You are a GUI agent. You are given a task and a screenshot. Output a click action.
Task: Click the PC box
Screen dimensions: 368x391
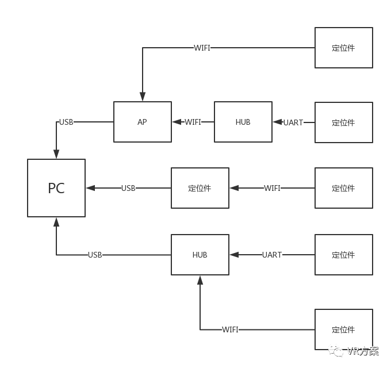tap(56, 188)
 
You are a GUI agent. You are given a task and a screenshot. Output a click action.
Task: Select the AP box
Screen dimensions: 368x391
tap(143, 122)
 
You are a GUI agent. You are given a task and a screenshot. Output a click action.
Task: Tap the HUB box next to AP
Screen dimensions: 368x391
tap(243, 122)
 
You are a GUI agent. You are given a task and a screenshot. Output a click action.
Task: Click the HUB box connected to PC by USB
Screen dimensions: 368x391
tap(200, 255)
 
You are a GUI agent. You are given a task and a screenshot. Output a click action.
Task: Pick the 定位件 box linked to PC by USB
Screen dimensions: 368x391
tap(200, 188)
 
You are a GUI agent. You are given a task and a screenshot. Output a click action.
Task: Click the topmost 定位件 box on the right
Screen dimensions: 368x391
tap(344, 48)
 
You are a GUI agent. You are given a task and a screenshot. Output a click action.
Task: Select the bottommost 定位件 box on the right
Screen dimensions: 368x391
tap(344, 329)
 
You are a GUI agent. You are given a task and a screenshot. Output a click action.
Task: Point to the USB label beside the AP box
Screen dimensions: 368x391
tap(66, 122)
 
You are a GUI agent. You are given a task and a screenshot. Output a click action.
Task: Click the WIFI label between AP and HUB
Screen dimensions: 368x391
tap(193, 122)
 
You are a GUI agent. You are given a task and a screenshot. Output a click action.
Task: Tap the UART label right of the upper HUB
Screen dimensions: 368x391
tap(293, 122)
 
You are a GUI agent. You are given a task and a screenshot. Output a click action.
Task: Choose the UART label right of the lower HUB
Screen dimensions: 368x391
tap(272, 255)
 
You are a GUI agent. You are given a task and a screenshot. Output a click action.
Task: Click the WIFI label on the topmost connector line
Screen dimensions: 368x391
tap(202, 48)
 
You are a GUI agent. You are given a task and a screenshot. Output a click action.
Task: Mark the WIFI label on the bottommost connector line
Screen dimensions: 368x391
tap(230, 329)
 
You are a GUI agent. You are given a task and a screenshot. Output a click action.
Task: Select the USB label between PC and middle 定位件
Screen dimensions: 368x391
tap(128, 188)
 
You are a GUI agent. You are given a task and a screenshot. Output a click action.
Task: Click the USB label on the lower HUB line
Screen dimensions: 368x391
tap(95, 255)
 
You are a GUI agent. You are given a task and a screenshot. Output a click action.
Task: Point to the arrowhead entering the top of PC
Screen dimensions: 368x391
tap(56, 154)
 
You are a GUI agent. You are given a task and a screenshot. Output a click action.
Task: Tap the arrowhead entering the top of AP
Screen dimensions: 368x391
tap(143, 97)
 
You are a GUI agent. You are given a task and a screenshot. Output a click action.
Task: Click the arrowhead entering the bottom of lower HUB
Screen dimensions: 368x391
tap(200, 280)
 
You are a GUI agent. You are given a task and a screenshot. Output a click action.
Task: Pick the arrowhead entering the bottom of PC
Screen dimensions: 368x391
tap(56, 222)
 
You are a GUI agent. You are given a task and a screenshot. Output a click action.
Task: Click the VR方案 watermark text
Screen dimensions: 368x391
tap(362, 351)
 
